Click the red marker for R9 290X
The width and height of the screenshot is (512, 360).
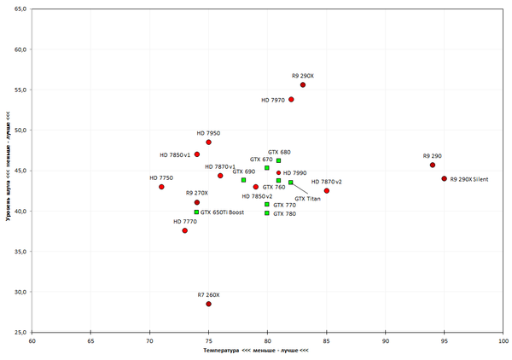[303, 85]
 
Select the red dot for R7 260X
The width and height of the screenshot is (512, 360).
[208, 304]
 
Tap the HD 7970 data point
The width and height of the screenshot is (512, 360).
[291, 100]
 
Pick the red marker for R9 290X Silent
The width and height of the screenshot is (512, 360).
[444, 178]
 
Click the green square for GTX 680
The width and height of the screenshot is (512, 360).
[278, 160]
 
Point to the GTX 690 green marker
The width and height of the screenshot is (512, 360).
[243, 180]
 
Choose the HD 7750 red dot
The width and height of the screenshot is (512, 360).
[161, 187]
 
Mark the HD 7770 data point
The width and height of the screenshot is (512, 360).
[184, 230]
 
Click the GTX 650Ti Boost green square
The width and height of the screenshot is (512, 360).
[196, 212]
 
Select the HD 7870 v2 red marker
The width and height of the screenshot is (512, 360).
[326, 190]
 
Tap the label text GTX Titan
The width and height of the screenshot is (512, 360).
[308, 198]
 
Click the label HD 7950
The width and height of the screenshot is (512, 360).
[208, 133]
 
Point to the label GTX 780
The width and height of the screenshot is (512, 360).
[285, 214]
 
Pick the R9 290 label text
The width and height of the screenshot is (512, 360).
[432, 156]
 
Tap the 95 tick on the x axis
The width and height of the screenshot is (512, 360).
[444, 340]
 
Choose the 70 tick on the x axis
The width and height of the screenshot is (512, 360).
[149, 340]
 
